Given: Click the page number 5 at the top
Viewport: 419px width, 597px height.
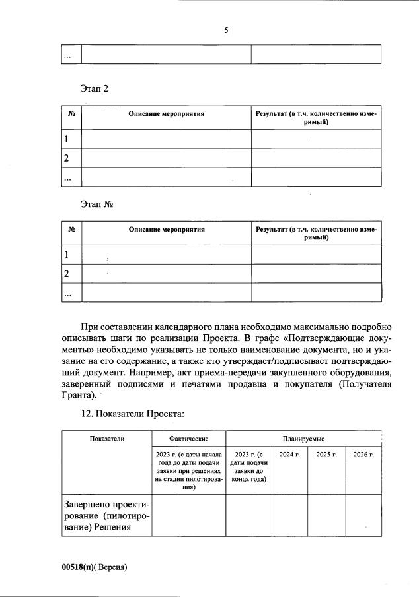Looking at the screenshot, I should point(225,30).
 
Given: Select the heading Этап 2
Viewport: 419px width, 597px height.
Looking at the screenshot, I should point(94,89).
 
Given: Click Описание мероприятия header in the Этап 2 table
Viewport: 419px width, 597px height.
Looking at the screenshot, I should point(166,114).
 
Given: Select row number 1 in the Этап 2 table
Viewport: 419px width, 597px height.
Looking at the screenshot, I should point(66,139).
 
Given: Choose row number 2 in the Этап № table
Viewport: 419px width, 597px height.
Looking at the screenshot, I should point(66,273).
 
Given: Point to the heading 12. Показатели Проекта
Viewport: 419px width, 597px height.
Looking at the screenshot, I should point(132,414).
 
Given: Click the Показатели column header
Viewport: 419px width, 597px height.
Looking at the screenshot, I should point(106,438).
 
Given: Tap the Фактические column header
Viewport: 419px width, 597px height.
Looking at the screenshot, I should point(188,438).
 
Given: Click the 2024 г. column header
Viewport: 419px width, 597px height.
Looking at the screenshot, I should point(289,455).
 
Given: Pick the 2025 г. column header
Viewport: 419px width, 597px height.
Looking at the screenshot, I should point(326,455).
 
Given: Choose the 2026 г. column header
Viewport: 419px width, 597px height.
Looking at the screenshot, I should point(363,455).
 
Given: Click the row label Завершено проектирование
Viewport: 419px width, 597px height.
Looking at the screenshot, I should point(106,515).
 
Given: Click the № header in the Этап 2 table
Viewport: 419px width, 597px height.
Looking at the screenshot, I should point(71,114).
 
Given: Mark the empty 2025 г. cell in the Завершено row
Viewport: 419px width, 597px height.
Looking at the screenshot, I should point(326,515).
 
